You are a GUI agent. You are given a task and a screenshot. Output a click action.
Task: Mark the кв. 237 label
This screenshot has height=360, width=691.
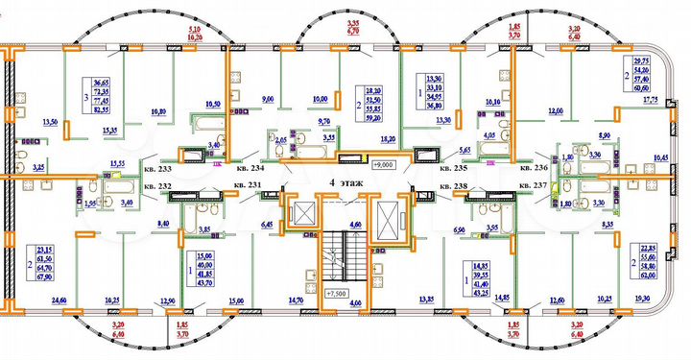(x=534, y=183)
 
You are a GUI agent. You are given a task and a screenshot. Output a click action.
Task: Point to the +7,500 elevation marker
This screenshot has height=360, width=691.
(x=336, y=294)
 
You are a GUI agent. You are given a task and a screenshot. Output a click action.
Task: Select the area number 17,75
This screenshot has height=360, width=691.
(x=651, y=99)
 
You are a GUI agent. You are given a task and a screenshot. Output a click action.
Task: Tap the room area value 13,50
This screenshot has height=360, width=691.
(x=54, y=122)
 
